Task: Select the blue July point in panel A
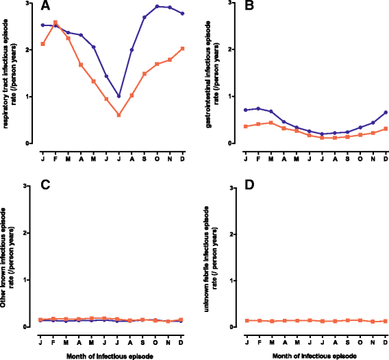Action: tap(118, 96)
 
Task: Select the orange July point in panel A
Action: tap(118, 115)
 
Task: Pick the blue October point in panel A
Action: tap(157, 6)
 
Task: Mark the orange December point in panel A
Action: tap(182, 48)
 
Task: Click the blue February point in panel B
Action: tap(258, 108)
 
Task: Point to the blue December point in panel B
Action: tap(385, 112)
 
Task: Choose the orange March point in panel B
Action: tap(271, 123)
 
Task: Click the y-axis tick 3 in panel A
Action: tap(28, 3)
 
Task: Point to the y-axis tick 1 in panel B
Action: tap(231, 97)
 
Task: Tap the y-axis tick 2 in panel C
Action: tap(28, 233)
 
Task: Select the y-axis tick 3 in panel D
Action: tap(231, 187)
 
